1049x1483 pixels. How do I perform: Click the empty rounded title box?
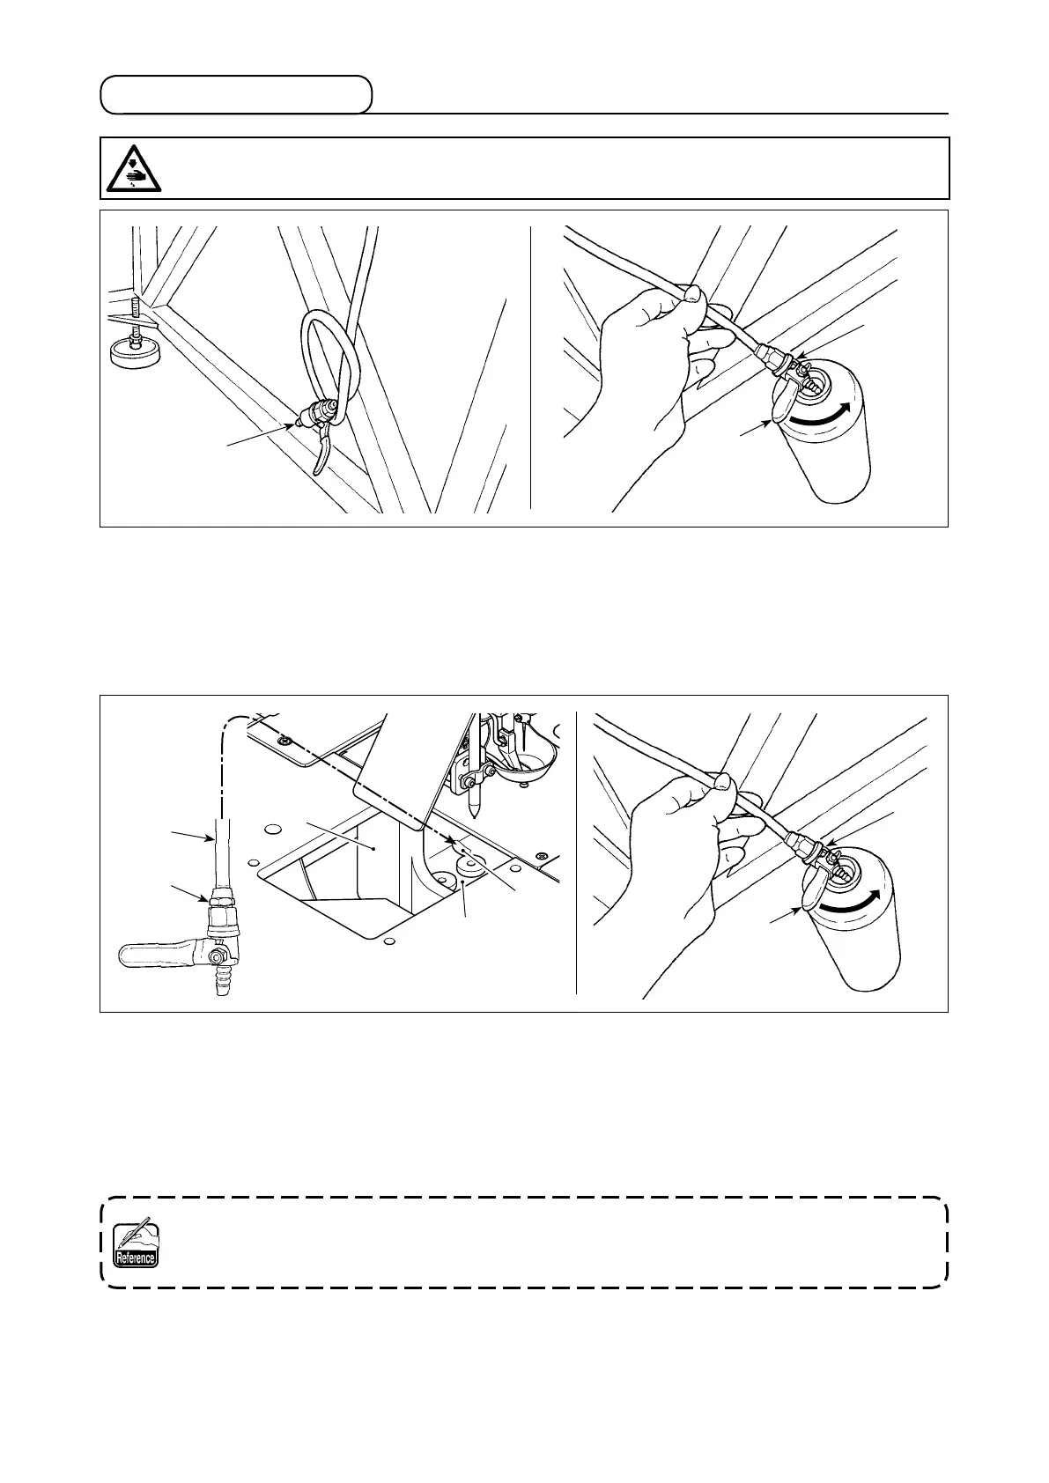coord(235,95)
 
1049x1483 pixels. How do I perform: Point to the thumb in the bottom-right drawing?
coord(721,780)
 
